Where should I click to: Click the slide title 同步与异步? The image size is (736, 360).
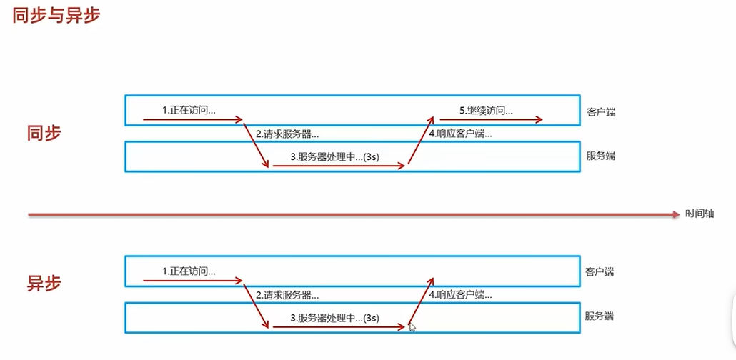click(56, 16)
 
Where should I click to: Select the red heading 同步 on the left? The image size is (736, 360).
click(44, 133)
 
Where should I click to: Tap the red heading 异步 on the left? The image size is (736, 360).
click(44, 282)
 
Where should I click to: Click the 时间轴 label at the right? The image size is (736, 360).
click(700, 214)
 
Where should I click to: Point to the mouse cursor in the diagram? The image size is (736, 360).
click(412, 326)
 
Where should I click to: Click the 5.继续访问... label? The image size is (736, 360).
click(486, 111)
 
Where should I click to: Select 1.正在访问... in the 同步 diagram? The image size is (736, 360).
click(189, 111)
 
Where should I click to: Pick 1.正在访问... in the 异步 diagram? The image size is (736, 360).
click(189, 271)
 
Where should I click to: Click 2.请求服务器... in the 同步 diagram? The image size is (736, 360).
click(287, 134)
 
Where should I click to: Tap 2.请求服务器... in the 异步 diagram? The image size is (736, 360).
click(287, 294)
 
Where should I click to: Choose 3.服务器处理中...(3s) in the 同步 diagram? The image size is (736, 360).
click(334, 157)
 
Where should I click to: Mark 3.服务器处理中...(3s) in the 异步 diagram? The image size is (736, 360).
click(334, 318)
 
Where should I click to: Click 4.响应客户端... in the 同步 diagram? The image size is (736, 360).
click(460, 134)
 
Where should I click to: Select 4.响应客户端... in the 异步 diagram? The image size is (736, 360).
click(460, 294)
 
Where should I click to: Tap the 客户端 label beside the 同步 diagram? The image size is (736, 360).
click(600, 111)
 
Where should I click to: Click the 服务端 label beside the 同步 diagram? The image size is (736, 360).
click(600, 156)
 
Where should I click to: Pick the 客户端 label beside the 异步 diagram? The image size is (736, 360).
click(600, 271)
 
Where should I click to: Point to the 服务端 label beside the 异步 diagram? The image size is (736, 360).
click(600, 316)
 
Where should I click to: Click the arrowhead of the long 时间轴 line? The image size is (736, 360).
click(675, 214)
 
